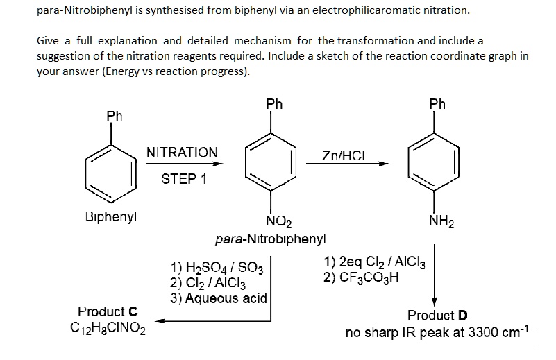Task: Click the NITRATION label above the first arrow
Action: click(182, 152)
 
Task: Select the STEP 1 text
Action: click(183, 179)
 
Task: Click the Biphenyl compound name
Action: click(110, 216)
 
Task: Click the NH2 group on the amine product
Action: click(438, 222)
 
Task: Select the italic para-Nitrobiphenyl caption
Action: click(270, 239)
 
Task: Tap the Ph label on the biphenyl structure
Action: click(115, 117)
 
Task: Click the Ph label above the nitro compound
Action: click(275, 105)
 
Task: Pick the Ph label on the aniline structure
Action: click(437, 105)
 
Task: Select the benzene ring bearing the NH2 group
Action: click(435, 160)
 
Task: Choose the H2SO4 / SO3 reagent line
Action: click(212, 268)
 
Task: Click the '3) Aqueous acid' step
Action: click(218, 298)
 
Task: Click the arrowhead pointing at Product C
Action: click(158, 321)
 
